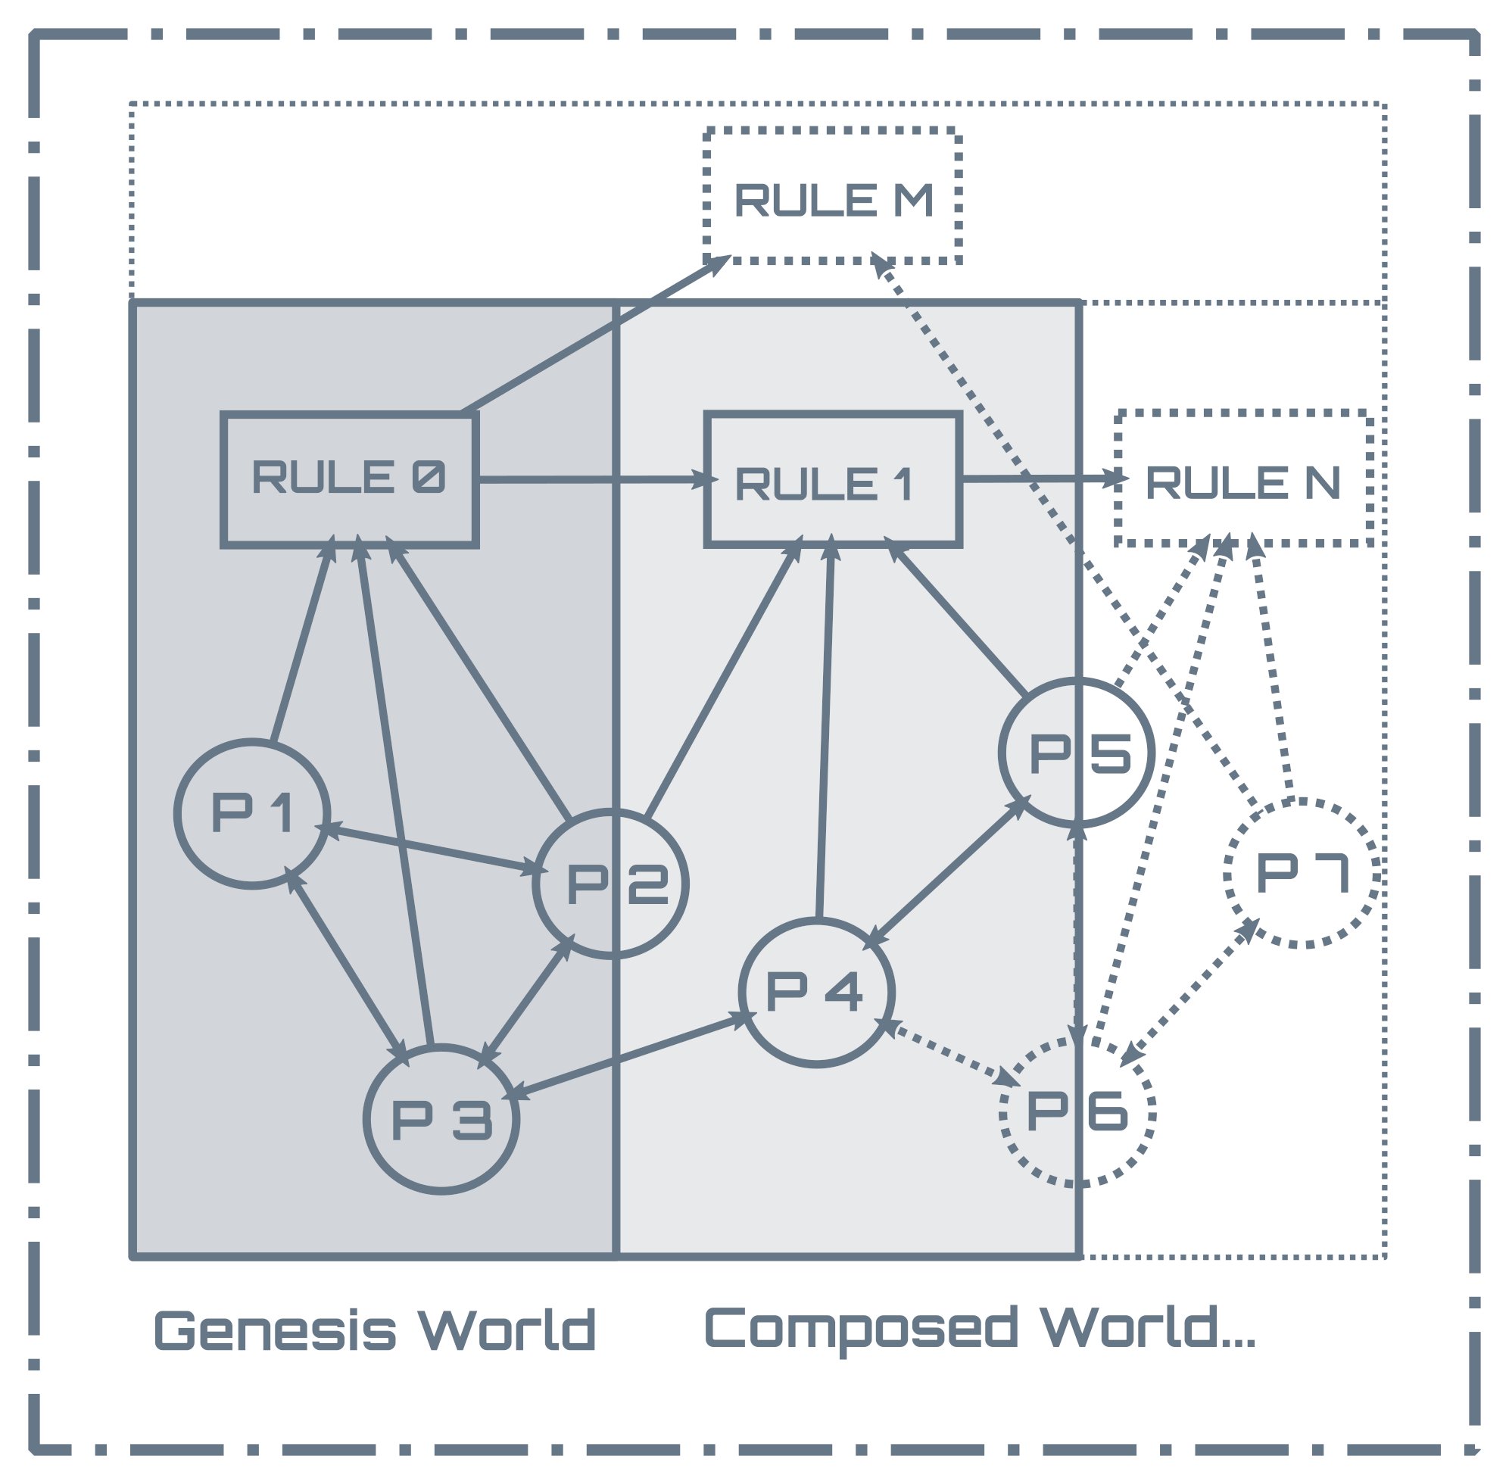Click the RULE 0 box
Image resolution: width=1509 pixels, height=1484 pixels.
pyautogui.click(x=349, y=479)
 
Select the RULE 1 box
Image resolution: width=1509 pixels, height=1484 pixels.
pyautogui.click(x=831, y=479)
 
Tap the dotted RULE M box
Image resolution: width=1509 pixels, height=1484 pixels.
pyautogui.click(x=831, y=195)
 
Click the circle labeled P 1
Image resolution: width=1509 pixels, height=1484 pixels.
pyautogui.click(x=252, y=813)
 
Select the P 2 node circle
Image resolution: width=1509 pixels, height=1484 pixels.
pyautogui.click(x=610, y=883)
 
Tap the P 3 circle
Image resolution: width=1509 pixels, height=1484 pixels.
pyautogui.click(x=441, y=1118)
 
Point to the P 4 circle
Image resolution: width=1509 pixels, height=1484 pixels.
pyautogui.click(x=816, y=991)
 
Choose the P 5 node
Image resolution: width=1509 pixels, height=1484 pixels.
pyautogui.click(x=1077, y=752)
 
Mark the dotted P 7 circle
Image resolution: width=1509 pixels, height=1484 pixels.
pyautogui.click(x=1302, y=873)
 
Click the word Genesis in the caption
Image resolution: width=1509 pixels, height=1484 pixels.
pyautogui.click(x=274, y=1330)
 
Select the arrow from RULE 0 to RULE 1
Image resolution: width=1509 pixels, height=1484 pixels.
pyautogui.click(x=592, y=479)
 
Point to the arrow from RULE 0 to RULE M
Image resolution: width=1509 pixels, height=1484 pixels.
pyautogui.click(x=592, y=335)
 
